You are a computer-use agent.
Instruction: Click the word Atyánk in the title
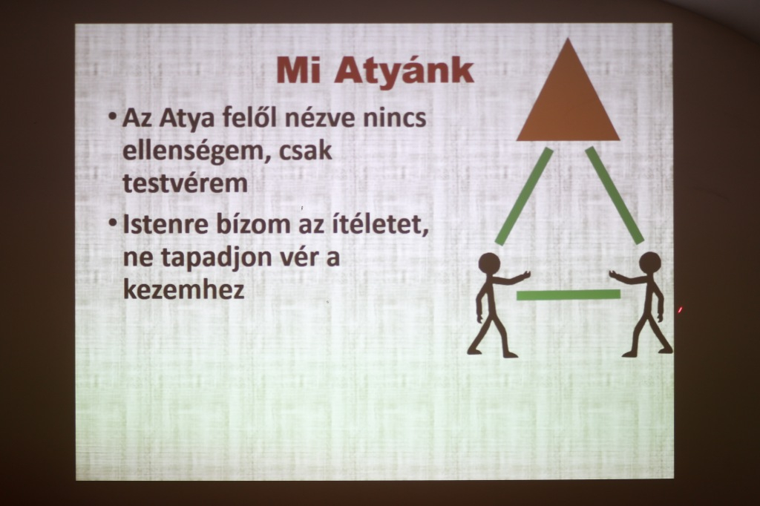click(x=404, y=72)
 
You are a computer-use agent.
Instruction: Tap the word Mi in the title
click(x=298, y=70)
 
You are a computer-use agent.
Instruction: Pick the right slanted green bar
click(x=614, y=195)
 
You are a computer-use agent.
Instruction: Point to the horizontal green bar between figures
click(x=569, y=295)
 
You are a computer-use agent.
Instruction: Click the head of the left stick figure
click(x=489, y=264)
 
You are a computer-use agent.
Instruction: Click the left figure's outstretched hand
click(x=525, y=276)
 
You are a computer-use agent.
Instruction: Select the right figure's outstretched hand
click(x=615, y=275)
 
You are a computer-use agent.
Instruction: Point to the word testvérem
click(x=185, y=183)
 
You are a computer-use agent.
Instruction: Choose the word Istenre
click(x=166, y=224)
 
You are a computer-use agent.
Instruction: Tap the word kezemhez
click(x=184, y=289)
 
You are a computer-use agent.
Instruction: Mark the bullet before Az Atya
click(x=113, y=116)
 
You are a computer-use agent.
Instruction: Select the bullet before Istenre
click(x=113, y=223)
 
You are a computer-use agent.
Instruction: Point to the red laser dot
click(x=680, y=309)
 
